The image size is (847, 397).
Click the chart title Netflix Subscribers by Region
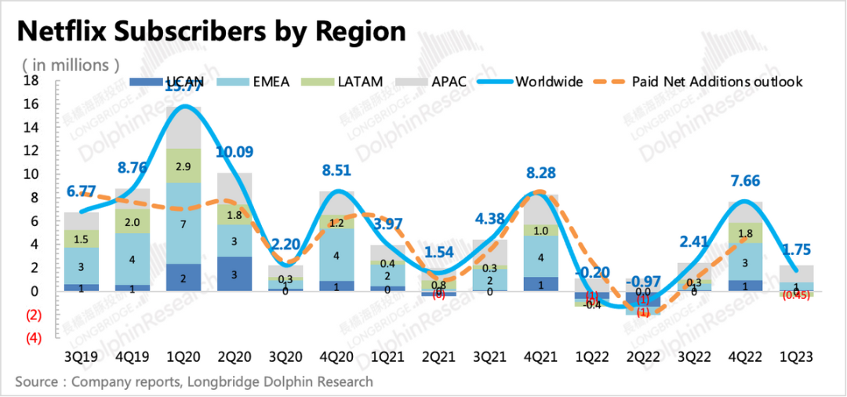(212, 31)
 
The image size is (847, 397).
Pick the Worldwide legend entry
(550, 81)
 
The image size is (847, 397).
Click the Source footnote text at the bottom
(194, 383)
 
